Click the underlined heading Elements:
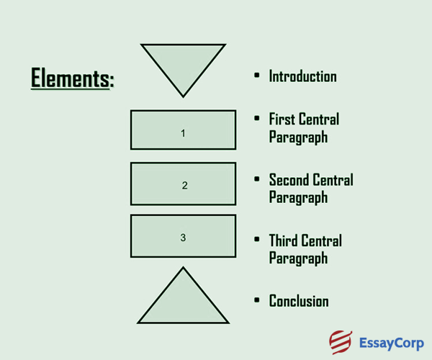[72, 77]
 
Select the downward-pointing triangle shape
[183, 65]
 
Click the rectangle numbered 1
[183, 130]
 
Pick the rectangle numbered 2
[183, 184]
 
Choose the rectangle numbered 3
[183, 236]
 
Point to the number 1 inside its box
[183, 133]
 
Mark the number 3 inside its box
[183, 237]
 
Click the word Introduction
[302, 76]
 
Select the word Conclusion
[299, 301]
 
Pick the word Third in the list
[284, 240]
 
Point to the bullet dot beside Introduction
[257, 76]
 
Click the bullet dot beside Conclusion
[257, 301]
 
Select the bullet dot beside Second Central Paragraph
[257, 180]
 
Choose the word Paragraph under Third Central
[298, 258]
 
